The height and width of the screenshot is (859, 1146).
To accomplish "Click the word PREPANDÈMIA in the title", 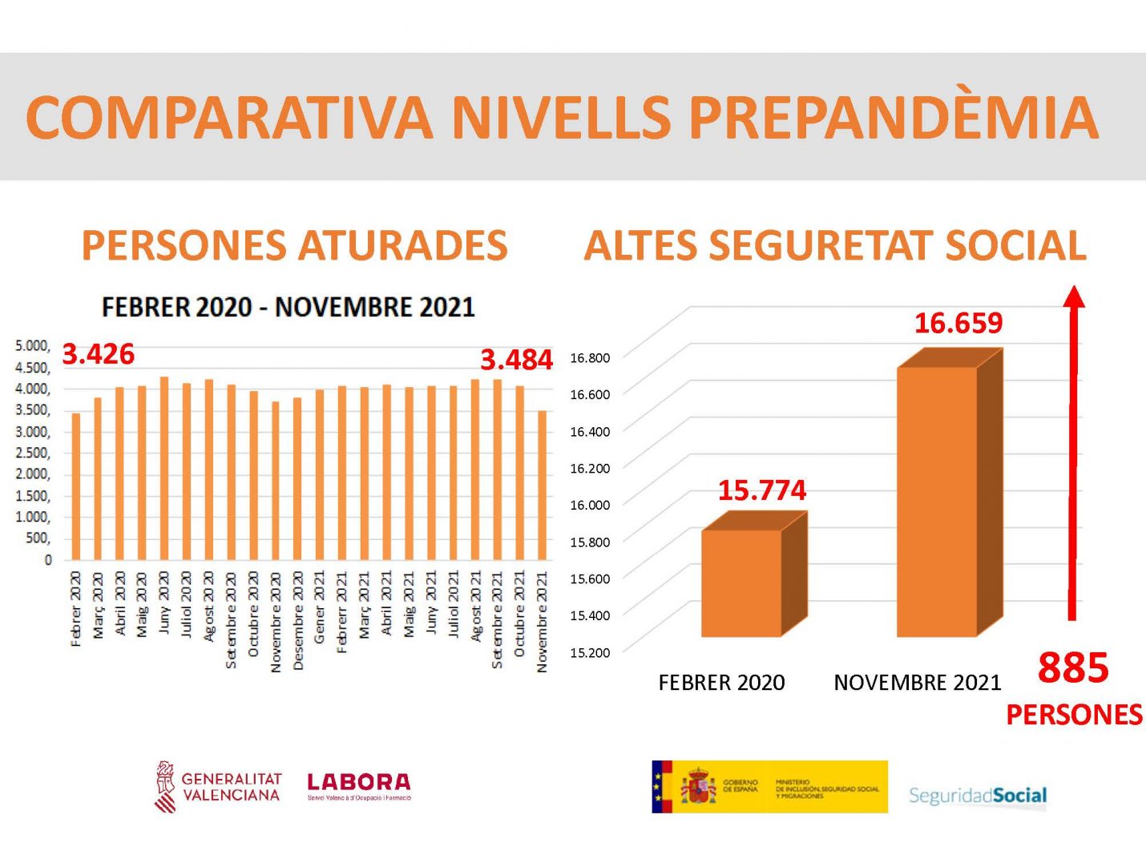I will (893, 118).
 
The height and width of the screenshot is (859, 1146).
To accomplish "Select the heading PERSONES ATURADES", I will (294, 246).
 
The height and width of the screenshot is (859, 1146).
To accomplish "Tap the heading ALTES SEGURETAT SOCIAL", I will (835, 246).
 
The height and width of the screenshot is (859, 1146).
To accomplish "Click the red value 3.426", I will (99, 353).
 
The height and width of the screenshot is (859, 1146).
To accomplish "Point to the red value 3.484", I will (516, 360).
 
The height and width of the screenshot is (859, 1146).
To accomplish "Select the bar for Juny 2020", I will (164, 468).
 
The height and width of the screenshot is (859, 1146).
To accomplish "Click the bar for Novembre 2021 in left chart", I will (542, 485).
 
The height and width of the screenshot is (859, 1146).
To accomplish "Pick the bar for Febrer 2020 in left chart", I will (76, 486).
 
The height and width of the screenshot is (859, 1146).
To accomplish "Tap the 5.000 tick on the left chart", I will (32, 345).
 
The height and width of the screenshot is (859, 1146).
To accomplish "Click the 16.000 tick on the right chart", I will (590, 505).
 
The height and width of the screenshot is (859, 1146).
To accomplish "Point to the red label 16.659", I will (958, 323).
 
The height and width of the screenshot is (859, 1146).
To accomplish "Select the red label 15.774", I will (761, 490).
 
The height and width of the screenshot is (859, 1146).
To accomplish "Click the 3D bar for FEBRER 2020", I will (741, 583).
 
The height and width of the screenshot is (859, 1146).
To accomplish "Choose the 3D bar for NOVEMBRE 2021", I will (937, 501).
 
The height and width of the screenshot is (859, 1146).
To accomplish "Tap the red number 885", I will (1073, 667).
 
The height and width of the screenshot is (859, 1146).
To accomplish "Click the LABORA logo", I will (359, 784).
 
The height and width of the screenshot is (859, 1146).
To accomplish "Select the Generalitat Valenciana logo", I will (218, 786).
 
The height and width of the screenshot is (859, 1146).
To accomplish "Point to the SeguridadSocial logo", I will (978, 796).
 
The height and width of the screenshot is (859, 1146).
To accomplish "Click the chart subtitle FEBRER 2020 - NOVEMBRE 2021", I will (289, 307).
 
